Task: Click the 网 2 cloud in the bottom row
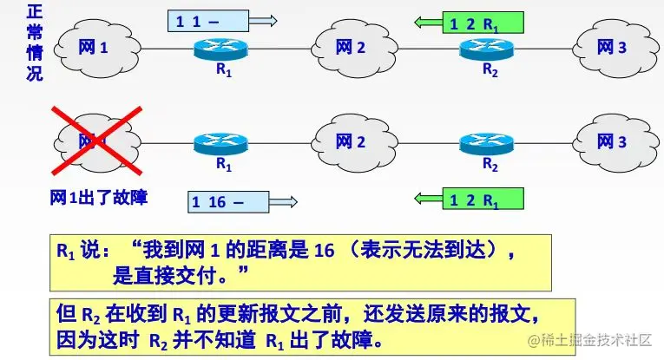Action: [352, 141]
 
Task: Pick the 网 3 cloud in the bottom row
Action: [611, 141]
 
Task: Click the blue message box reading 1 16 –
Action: [224, 201]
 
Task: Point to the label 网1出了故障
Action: [97, 198]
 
